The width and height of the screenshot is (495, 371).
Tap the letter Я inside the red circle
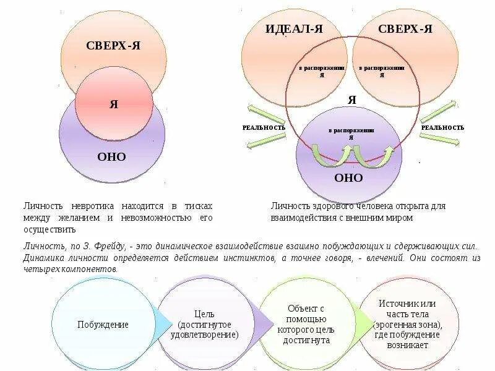[x=114, y=104]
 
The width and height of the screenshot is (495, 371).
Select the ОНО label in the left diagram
[x=111, y=157]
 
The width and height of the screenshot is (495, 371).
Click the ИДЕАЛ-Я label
[x=294, y=29]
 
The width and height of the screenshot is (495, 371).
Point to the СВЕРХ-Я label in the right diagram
[x=405, y=29]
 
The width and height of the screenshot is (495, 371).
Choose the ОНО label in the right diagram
[x=348, y=177]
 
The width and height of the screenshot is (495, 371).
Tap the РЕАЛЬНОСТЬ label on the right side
[x=442, y=127]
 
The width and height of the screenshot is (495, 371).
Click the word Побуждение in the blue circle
[x=103, y=325]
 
